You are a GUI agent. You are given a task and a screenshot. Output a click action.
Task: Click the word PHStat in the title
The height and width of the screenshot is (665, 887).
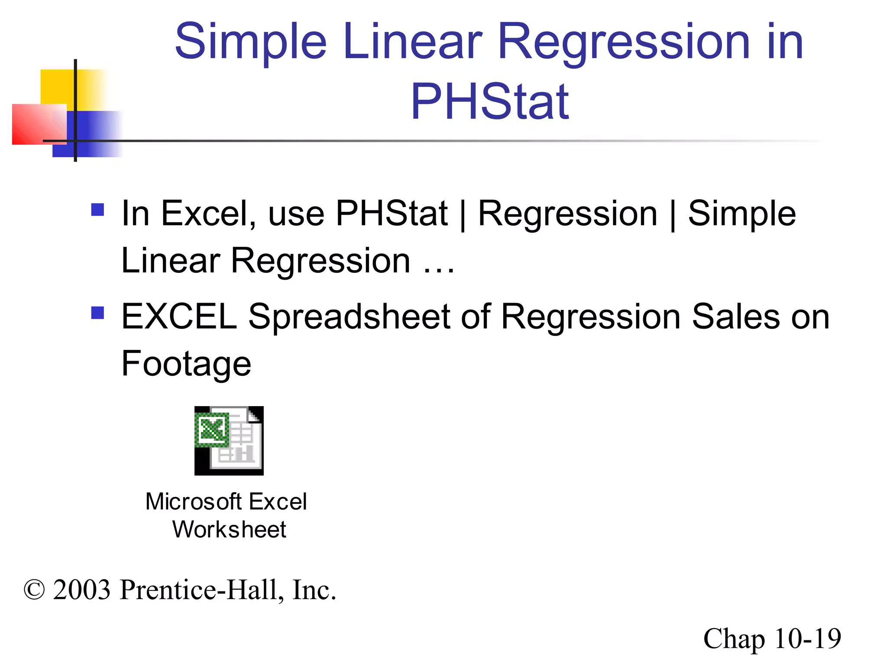pyautogui.click(x=489, y=102)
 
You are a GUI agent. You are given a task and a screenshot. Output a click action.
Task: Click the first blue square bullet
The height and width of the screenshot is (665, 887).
pyautogui.click(x=98, y=210)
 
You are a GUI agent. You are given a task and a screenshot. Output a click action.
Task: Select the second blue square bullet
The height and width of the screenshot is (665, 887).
pyautogui.click(x=98, y=313)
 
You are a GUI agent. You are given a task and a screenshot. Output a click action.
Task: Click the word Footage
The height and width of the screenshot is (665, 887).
pyautogui.click(x=186, y=364)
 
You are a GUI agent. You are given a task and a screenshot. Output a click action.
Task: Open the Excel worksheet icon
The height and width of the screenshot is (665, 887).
pyautogui.click(x=229, y=441)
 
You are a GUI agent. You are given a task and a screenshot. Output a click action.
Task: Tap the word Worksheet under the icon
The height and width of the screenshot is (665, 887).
pyautogui.click(x=229, y=529)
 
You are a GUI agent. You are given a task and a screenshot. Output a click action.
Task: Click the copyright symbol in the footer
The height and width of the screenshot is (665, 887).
pyautogui.click(x=34, y=590)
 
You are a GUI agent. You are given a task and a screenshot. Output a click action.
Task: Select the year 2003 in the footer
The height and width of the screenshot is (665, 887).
pyautogui.click(x=82, y=590)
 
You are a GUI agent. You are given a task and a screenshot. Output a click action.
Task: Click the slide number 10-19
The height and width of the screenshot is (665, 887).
pyautogui.click(x=807, y=639)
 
